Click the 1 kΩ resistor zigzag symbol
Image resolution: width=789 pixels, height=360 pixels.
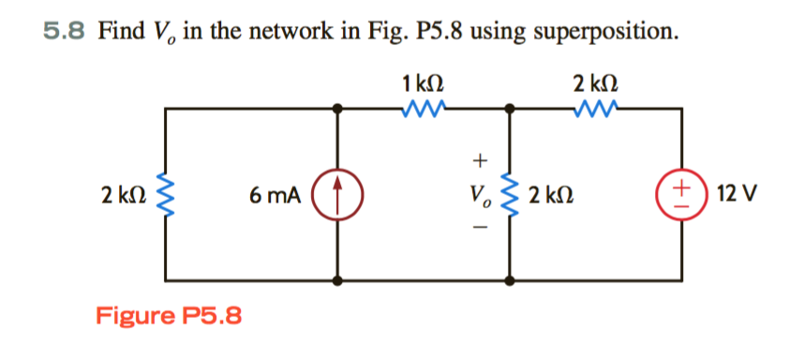click(424, 110)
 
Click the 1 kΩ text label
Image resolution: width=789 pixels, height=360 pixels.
click(424, 84)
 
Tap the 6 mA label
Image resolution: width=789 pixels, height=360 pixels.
click(275, 196)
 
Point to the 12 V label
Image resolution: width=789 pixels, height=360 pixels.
click(736, 196)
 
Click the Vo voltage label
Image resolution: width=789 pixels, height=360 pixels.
click(483, 196)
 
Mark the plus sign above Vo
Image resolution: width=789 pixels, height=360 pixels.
click(483, 160)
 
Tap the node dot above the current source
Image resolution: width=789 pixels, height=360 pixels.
click(338, 110)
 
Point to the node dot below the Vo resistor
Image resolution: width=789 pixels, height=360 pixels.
click(511, 279)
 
